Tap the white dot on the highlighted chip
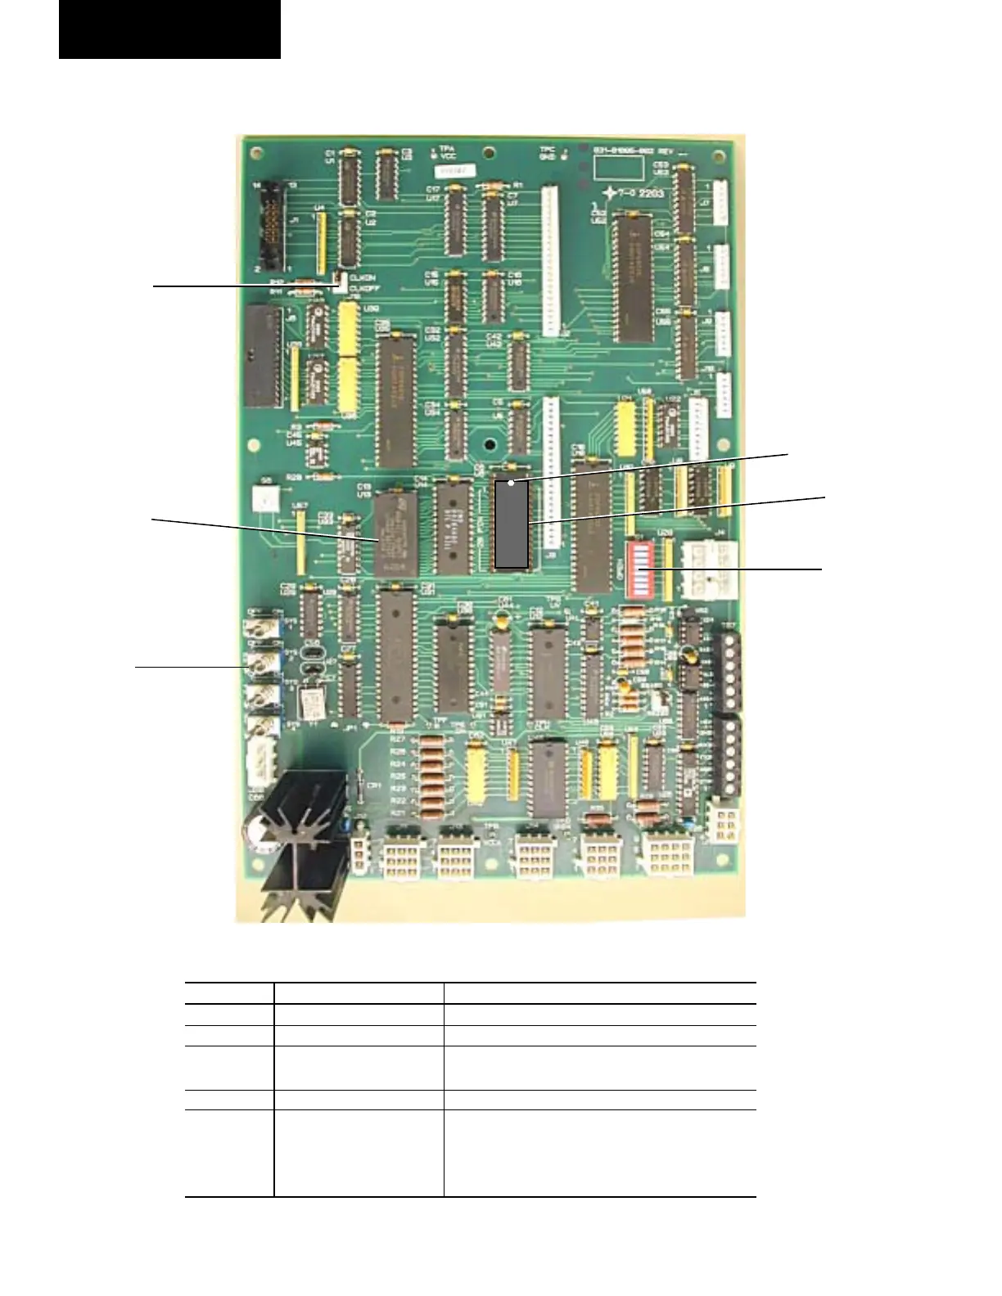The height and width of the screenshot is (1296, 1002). [512, 484]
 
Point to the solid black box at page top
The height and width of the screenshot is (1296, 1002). [169, 29]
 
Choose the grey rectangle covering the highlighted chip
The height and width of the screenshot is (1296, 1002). [512, 524]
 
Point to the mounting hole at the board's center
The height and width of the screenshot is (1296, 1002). [489, 446]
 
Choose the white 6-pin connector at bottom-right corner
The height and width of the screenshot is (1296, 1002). [724, 821]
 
